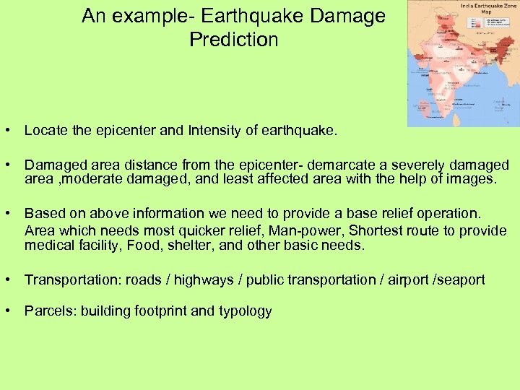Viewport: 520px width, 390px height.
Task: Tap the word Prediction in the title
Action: [233, 40]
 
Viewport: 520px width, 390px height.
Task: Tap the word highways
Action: [204, 279]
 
